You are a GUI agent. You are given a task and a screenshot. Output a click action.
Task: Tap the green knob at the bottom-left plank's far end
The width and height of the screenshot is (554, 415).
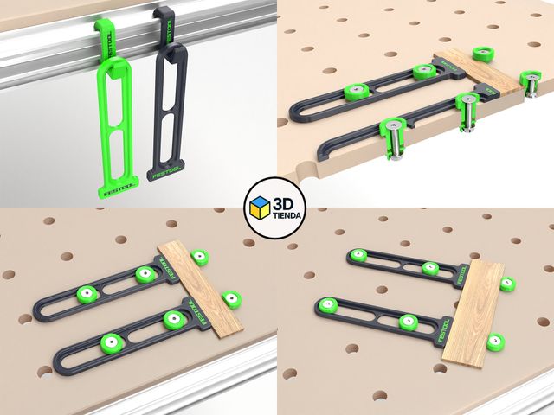(201, 257)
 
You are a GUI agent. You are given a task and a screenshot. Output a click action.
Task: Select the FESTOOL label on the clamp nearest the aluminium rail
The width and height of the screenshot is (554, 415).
(196, 313)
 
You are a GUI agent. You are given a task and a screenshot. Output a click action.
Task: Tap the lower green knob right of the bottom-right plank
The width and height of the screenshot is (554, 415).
(495, 342)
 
